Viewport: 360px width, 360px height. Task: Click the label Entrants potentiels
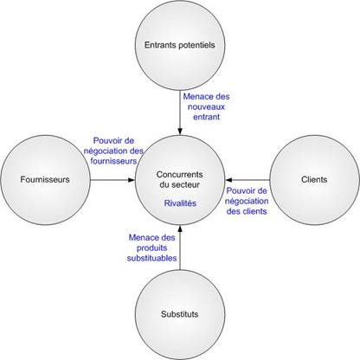[179, 45]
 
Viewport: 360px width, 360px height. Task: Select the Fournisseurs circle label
[45, 180]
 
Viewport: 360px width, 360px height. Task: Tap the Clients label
[314, 180]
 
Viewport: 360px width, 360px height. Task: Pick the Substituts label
[180, 314]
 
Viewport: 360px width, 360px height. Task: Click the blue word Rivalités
[180, 203]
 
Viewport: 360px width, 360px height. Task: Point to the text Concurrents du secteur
[180, 179]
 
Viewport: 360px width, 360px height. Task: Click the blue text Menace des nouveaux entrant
[206, 106]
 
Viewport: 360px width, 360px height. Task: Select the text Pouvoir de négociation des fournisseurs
[113, 151]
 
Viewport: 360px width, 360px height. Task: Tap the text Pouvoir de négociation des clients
[247, 201]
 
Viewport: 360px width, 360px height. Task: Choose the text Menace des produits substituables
[151, 247]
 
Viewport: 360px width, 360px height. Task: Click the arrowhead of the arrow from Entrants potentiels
[180, 132]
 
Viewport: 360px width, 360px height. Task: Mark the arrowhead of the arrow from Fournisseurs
[132, 180]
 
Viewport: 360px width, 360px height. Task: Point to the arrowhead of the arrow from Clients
[228, 180]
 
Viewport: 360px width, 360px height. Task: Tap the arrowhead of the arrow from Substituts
[180, 228]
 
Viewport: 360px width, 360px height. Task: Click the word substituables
[151, 258]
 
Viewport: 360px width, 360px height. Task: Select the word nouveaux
[206, 107]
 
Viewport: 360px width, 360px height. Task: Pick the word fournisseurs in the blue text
[113, 161]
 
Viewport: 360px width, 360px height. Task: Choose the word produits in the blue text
[151, 248]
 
